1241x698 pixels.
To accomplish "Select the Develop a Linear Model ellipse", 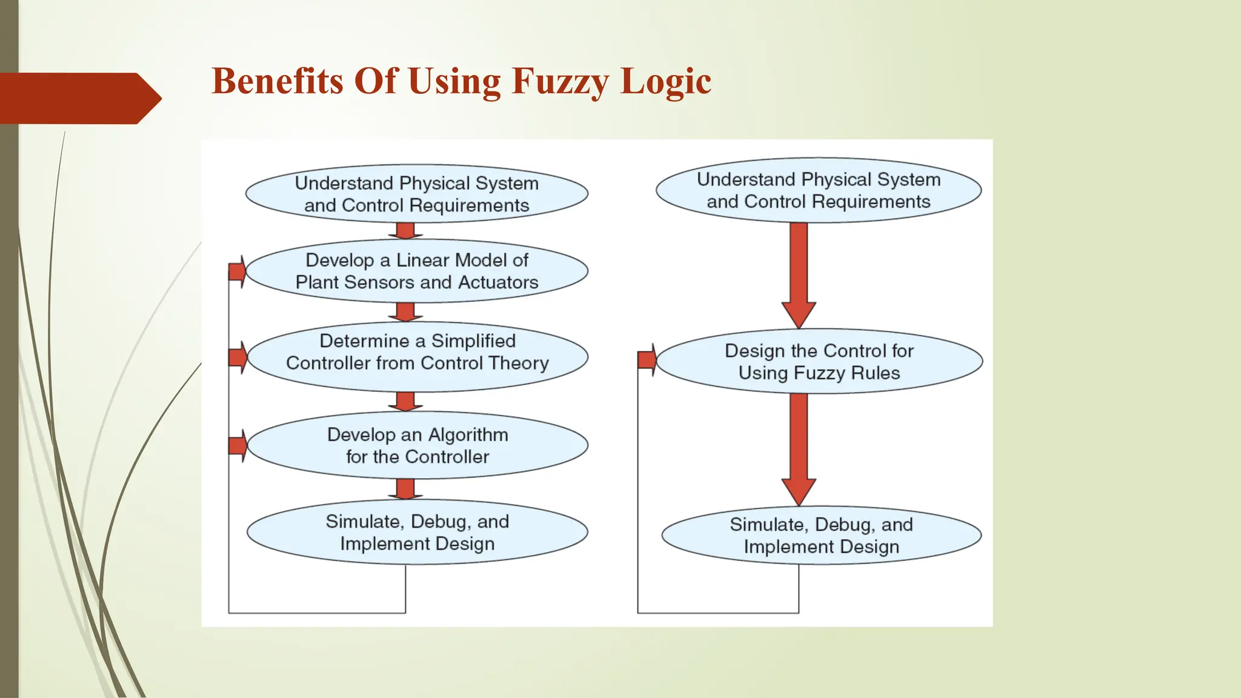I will (x=417, y=271).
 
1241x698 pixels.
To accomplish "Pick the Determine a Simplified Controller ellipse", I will (x=417, y=356).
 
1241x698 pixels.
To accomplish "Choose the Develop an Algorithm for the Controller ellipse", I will (x=417, y=445).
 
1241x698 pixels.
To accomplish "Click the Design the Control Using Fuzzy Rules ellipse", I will (x=819, y=362).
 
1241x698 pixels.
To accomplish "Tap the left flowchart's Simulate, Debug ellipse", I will (x=417, y=532).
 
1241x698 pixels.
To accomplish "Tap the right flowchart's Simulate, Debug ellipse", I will (x=821, y=536).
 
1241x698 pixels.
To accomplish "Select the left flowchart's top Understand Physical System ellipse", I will (x=417, y=194).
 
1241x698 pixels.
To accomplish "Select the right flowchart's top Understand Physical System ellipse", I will (x=819, y=190).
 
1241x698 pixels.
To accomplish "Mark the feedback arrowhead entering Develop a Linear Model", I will (x=238, y=271).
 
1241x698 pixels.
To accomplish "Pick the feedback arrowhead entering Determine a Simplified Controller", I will (x=238, y=357).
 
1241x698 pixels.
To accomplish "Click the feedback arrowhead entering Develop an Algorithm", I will (x=238, y=446).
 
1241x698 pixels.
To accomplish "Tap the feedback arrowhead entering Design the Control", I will (x=647, y=360).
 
